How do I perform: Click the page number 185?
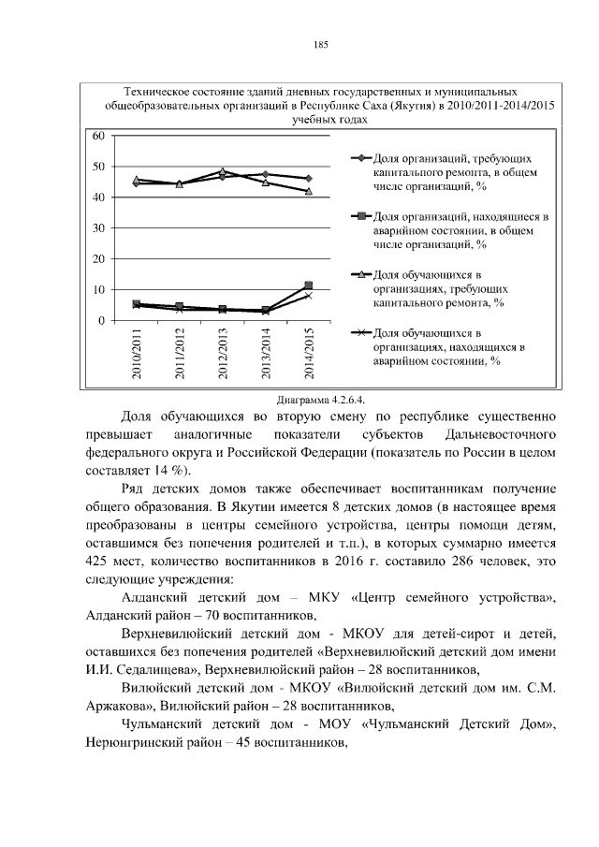[319, 45]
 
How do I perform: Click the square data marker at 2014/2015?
[309, 285]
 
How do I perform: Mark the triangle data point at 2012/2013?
[223, 171]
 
